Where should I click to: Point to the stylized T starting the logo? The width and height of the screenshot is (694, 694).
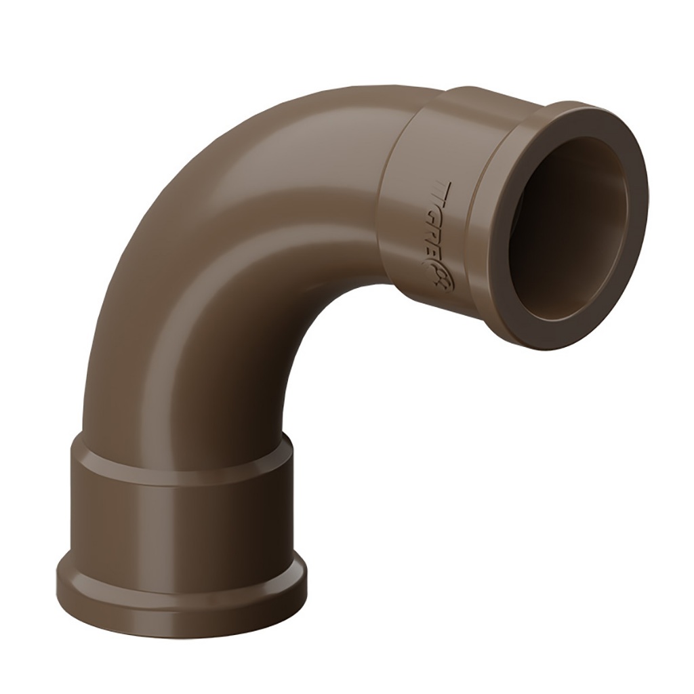point(441,184)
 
